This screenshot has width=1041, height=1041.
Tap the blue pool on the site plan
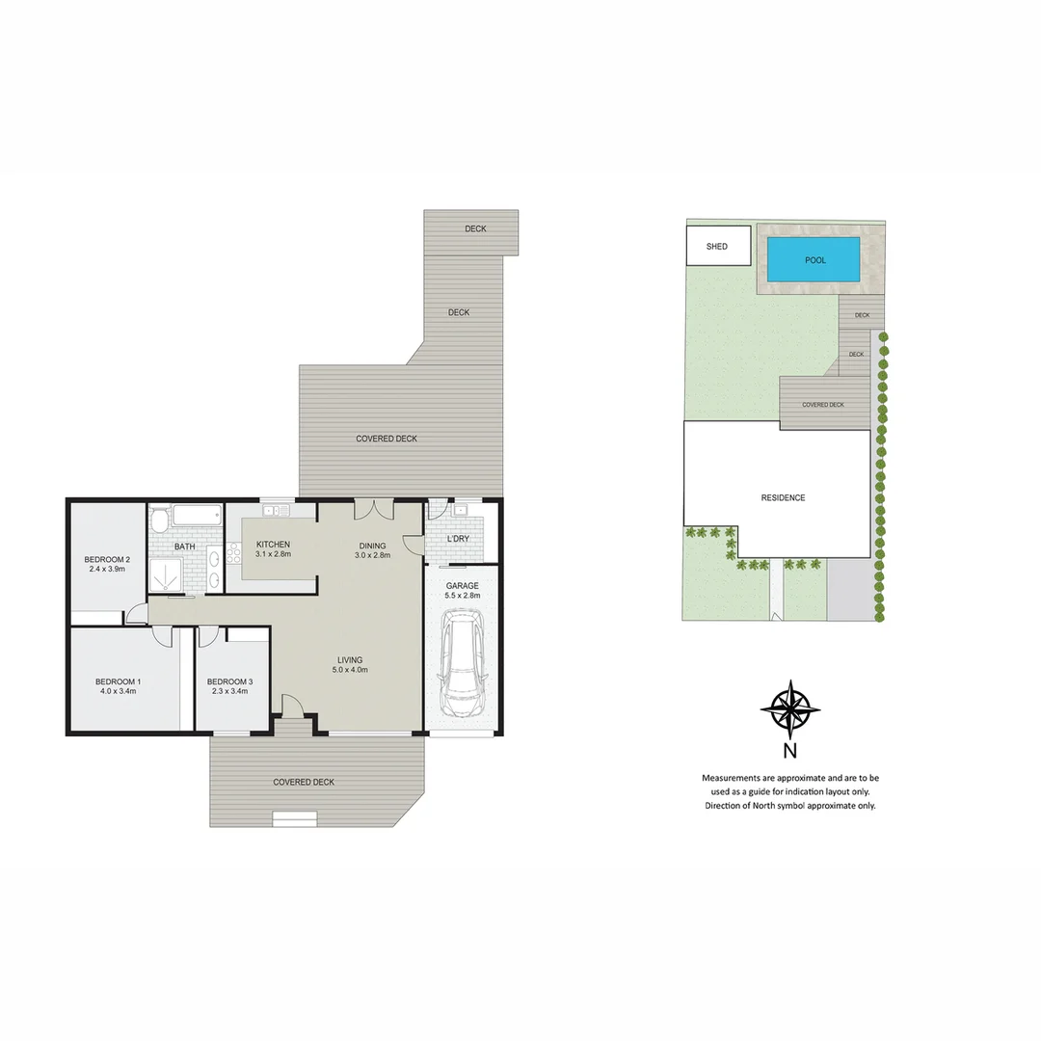[x=814, y=259]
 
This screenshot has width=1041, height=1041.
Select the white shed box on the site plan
[x=717, y=246]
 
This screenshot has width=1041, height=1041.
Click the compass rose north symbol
[x=789, y=709]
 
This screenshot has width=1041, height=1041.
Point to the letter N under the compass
[x=789, y=752]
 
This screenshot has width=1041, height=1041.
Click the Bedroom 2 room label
[x=107, y=560]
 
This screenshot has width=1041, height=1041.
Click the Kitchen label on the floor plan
[x=273, y=545]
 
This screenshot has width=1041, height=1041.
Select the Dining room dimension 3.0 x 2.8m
[x=372, y=555]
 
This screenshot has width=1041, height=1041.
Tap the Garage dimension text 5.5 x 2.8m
[x=462, y=596]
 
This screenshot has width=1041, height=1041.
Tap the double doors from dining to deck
[x=371, y=509]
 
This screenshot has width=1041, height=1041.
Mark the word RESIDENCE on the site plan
[x=783, y=498]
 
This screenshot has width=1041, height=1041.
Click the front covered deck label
[x=304, y=782]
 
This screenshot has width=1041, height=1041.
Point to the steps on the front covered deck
[x=294, y=819]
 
